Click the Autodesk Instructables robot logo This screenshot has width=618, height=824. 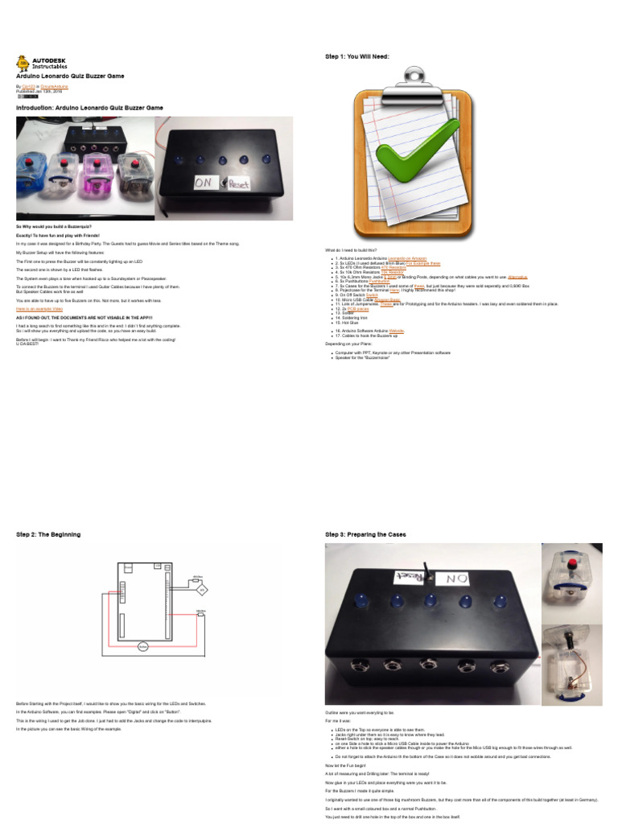pos(23,63)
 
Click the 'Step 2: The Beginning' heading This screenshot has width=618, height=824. pos(48,534)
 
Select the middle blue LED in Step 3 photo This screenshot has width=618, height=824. pos(430,599)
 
